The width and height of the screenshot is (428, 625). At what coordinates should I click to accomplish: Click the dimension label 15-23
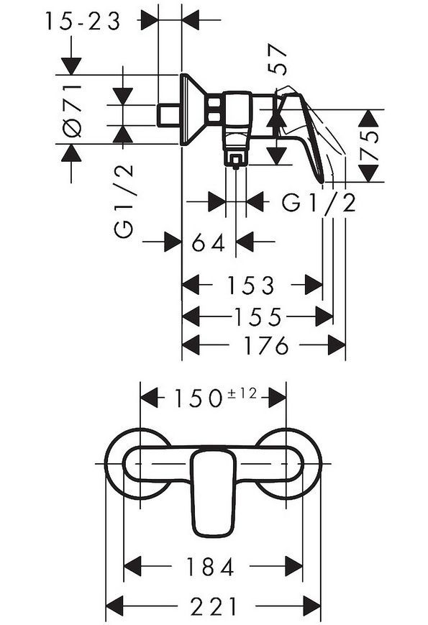coord(83,22)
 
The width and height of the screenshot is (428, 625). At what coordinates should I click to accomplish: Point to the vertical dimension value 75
coord(369,145)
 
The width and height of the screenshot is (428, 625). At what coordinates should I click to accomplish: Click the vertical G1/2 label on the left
coord(124,201)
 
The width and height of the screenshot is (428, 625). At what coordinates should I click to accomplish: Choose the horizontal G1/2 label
coord(319,203)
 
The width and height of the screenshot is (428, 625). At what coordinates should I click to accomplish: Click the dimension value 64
coord(209,243)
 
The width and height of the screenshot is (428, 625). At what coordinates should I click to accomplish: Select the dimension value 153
coord(250,286)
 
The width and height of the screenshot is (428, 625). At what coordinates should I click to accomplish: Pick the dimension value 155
coord(257,316)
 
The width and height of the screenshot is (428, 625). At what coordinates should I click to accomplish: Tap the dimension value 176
coord(266,345)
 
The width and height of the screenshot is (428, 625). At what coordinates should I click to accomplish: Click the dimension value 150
coord(198,398)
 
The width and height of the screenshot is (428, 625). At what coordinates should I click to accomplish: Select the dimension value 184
coord(210,567)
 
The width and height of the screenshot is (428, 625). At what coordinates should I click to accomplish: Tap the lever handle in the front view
coord(213,492)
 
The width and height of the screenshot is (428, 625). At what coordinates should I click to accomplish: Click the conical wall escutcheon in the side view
coord(191,109)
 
